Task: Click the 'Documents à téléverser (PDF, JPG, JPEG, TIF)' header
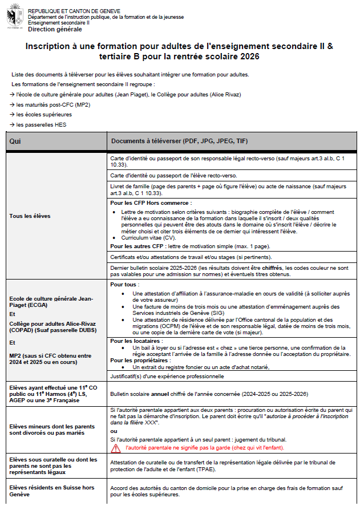pos(180,141)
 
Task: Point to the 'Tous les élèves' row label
pos(30,216)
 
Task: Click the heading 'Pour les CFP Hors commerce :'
pos(151,203)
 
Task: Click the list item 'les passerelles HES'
pos(38,124)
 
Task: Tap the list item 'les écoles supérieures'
pos(41,115)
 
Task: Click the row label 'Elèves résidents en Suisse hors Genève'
pos(51,491)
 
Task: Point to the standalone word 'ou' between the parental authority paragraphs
pos(113,431)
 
